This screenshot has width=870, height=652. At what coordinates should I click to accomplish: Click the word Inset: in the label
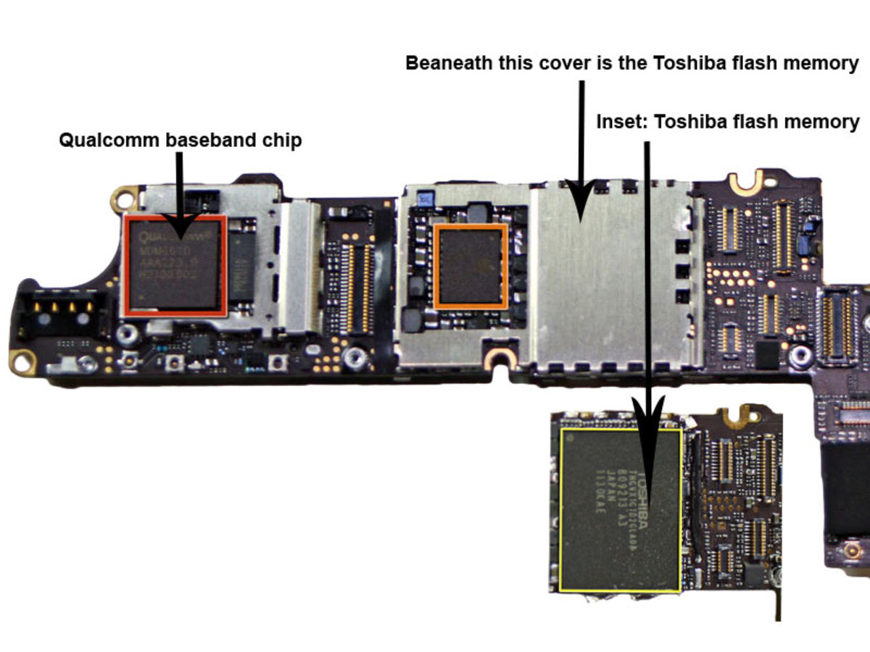621,122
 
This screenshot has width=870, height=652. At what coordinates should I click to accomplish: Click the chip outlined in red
175,264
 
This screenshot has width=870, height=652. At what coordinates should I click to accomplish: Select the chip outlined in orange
471,266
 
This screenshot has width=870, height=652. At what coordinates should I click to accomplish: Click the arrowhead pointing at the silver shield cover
580,203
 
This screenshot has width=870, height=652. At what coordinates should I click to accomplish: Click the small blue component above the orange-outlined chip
427,196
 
